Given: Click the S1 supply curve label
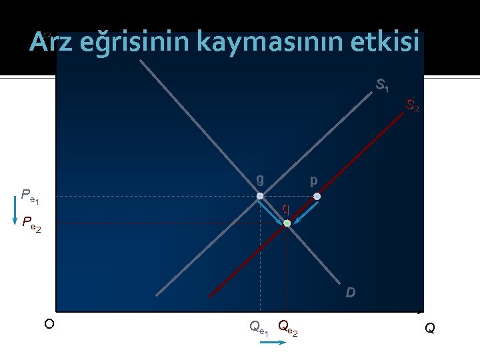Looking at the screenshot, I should pos(383,85).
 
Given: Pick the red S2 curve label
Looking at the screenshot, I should pos(413,105).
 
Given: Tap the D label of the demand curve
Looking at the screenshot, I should pos(350,293).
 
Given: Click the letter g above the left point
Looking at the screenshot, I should pos(260,179).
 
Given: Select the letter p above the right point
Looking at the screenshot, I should pos(313,180).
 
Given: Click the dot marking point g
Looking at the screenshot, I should pos(260,197).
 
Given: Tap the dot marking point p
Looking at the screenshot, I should pos(317,197).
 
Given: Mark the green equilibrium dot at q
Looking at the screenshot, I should pos(287,223).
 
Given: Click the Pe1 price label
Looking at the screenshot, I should pos(30,196).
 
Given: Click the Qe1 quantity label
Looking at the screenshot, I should pos(259,327).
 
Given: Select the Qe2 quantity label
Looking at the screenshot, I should pos(287,327).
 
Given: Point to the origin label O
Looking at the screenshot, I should pos(48,325).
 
